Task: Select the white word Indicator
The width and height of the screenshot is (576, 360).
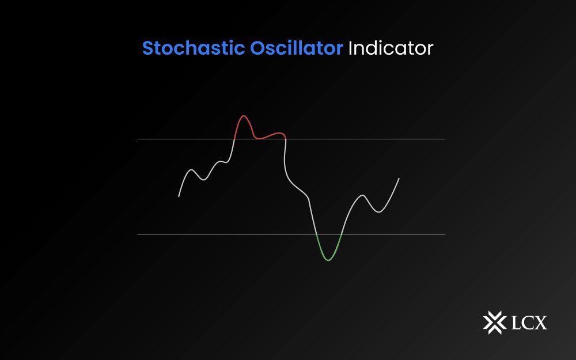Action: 390,48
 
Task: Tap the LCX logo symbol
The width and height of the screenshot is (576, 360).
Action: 493,322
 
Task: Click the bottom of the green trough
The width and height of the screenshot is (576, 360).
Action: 328,260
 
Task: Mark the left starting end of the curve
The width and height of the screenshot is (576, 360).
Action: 179,197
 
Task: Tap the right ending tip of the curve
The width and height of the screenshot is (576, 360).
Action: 399,179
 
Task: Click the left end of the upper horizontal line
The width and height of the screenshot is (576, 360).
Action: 138,139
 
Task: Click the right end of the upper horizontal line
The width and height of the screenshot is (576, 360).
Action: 445,139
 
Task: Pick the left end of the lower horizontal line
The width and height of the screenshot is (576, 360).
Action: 138,234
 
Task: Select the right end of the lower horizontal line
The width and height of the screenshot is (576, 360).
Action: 445,234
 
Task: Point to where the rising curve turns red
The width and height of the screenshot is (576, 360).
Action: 234,139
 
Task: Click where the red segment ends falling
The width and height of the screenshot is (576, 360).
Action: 286,139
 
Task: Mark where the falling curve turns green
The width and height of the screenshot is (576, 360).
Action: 316,234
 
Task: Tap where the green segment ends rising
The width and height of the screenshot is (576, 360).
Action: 342,234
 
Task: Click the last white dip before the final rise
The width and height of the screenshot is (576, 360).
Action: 378,212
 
